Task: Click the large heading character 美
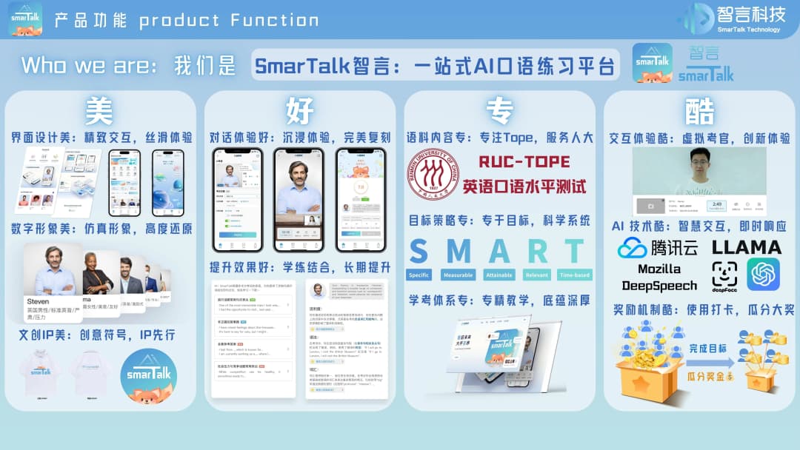pyautogui.click(x=99, y=112)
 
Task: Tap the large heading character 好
pyautogui.click(x=300, y=112)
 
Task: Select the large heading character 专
pyautogui.click(x=499, y=112)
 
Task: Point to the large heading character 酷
pyautogui.click(x=699, y=112)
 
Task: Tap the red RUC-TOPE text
pyautogui.click(x=524, y=162)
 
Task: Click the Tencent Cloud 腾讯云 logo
pyautogui.click(x=658, y=247)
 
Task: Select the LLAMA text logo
pyautogui.click(x=747, y=247)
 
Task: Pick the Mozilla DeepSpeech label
pyautogui.click(x=659, y=278)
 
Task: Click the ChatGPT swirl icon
pyautogui.click(x=763, y=275)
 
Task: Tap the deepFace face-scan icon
pyautogui.click(x=724, y=275)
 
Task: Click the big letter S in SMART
pyautogui.click(x=419, y=252)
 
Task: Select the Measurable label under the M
pyautogui.click(x=459, y=275)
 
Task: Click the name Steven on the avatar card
pyautogui.click(x=38, y=301)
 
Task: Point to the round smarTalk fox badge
pyautogui.click(x=148, y=376)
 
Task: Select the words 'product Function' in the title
pyautogui.click(x=229, y=20)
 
